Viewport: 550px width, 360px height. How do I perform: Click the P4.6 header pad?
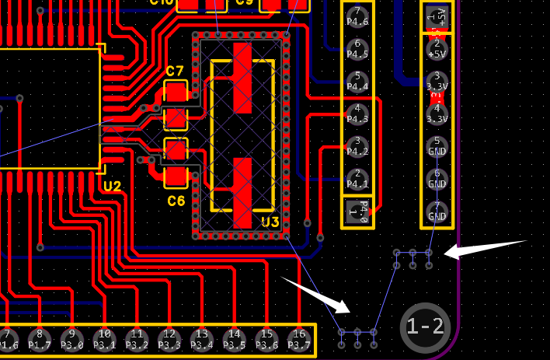pyautogui.click(x=357, y=16)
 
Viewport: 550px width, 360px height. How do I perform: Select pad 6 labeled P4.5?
pyautogui.click(x=357, y=49)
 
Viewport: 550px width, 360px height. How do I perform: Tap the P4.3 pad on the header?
pyautogui.click(x=357, y=114)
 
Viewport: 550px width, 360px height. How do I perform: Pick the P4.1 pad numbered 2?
pyautogui.click(x=357, y=179)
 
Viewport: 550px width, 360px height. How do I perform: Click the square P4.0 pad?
pyautogui.click(x=357, y=211)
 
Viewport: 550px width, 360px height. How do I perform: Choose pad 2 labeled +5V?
pyautogui.click(x=437, y=48)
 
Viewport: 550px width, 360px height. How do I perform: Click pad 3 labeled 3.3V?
pyautogui.click(x=437, y=81)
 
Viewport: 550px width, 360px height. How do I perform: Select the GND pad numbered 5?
pyautogui.click(x=437, y=146)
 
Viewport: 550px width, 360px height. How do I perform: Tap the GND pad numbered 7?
pyautogui.click(x=437, y=211)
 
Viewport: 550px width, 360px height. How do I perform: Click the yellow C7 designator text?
pyautogui.click(x=175, y=72)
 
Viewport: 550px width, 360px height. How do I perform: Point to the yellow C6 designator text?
pyautogui.click(x=176, y=201)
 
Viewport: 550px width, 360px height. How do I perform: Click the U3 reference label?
pyautogui.click(x=270, y=222)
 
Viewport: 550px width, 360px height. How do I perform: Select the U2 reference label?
pyautogui.click(x=112, y=187)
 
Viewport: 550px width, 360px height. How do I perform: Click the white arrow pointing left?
pyautogui.click(x=486, y=249)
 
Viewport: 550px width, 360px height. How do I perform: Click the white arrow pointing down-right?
pyautogui.click(x=315, y=293)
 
